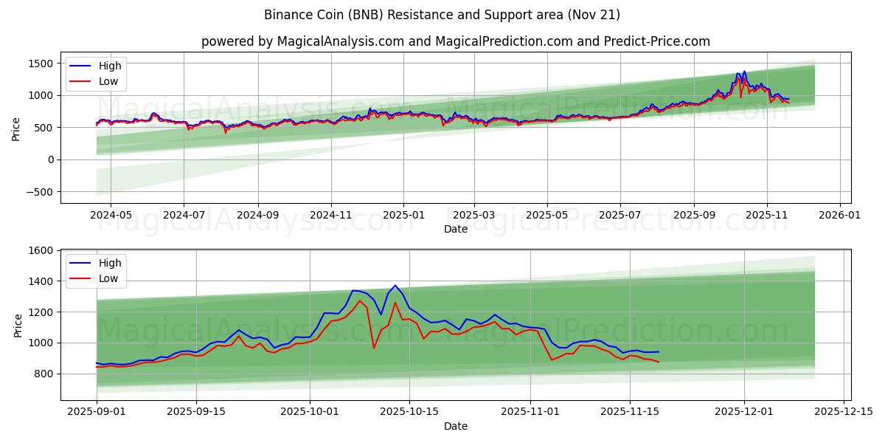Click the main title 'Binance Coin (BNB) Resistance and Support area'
pyautogui.click(x=442, y=15)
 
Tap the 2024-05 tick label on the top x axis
pyautogui.click(x=111, y=215)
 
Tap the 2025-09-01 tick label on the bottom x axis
pyautogui.click(x=97, y=411)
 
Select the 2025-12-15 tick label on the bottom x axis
pyautogui.click(x=843, y=411)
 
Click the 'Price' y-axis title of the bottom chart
pyautogui.click(x=18, y=325)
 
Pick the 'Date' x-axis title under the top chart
pyautogui.click(x=455, y=230)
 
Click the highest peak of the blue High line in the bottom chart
pyautogui.click(x=395, y=285)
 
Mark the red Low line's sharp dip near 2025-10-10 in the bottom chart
pyautogui.click(x=374, y=348)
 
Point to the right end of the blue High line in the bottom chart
pyautogui.click(x=658, y=351)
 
